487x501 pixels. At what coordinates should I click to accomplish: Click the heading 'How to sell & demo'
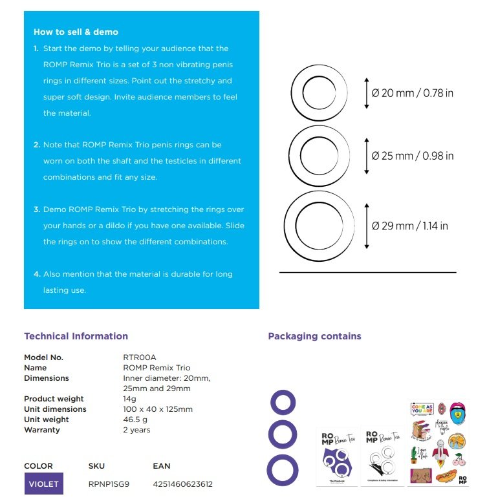coord(76,32)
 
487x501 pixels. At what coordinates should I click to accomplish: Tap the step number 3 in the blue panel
coord(37,209)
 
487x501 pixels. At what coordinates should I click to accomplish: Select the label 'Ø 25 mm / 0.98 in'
coord(413,156)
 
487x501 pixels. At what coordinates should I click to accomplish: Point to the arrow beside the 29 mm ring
coord(367,226)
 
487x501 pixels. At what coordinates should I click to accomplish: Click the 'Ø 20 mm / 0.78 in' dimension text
coord(413,93)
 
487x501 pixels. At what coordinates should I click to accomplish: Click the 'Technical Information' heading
coord(76,336)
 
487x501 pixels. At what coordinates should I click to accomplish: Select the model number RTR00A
coord(140,357)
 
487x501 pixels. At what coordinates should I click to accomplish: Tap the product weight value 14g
coord(130,399)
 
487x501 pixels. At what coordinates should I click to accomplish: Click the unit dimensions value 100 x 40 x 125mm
coord(158,409)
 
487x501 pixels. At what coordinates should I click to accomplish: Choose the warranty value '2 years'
coord(136,430)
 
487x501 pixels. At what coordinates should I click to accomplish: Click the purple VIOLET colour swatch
coord(44,484)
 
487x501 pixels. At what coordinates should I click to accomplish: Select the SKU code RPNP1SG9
coord(109,484)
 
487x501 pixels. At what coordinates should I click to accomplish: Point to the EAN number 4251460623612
coord(183,484)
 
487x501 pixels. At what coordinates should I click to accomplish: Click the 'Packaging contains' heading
coord(314,336)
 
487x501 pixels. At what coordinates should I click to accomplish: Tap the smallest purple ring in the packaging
coord(282,402)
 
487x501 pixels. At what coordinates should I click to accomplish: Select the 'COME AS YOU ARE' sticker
coord(421,409)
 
